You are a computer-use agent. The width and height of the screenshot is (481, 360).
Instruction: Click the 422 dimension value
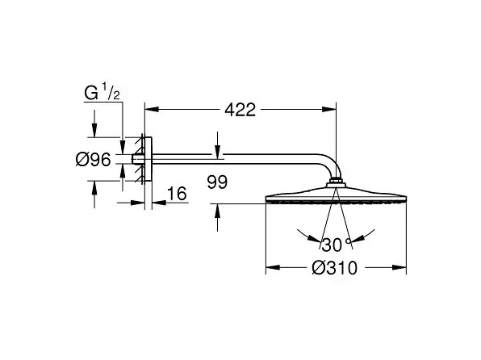click(240, 110)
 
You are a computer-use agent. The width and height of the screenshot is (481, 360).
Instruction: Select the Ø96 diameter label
click(93, 160)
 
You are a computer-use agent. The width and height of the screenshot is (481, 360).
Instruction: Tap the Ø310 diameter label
click(335, 268)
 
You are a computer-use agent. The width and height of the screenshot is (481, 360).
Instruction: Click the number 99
click(217, 182)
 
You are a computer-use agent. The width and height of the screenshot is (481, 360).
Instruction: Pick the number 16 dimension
click(177, 194)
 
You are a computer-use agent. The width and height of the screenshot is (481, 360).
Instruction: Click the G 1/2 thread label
click(102, 92)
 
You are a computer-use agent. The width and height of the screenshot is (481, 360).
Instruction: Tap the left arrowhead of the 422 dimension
click(152, 109)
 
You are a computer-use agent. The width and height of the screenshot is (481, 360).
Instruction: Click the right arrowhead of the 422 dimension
click(329, 109)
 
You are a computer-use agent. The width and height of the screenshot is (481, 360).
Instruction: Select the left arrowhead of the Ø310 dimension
click(273, 268)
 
